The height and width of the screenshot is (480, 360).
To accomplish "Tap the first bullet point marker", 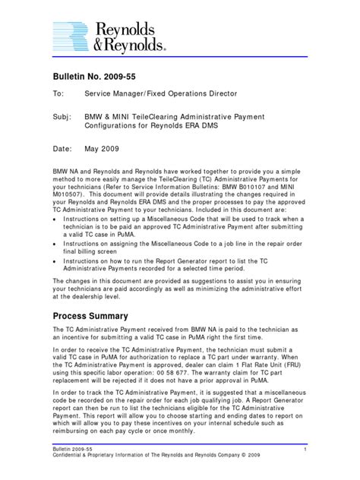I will tap(55, 216).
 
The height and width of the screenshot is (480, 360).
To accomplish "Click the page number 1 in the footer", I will tap(303, 451).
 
